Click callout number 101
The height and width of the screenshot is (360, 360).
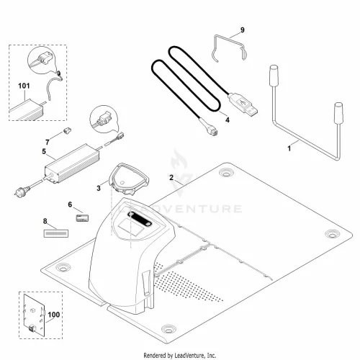click(x=24, y=86)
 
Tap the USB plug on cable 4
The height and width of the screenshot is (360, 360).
click(x=243, y=104)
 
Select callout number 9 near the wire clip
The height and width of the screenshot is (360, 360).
click(x=243, y=30)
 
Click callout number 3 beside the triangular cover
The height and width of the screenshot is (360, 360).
click(x=99, y=188)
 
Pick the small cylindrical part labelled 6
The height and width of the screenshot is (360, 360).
click(x=82, y=218)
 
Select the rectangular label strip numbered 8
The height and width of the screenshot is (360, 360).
click(x=56, y=233)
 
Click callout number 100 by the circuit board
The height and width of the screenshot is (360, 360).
click(x=54, y=315)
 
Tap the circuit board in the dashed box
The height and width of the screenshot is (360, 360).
click(x=35, y=315)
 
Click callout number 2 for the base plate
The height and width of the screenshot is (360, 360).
click(x=171, y=177)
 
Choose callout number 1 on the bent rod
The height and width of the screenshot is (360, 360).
click(x=289, y=148)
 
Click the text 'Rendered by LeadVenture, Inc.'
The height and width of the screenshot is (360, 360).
click(x=180, y=355)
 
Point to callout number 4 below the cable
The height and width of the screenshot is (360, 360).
click(x=228, y=120)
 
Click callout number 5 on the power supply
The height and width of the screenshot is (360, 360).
click(x=44, y=152)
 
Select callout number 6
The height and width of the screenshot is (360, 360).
click(x=70, y=204)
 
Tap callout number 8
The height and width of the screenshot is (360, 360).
click(x=45, y=221)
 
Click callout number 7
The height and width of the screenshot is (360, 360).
click(x=48, y=143)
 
